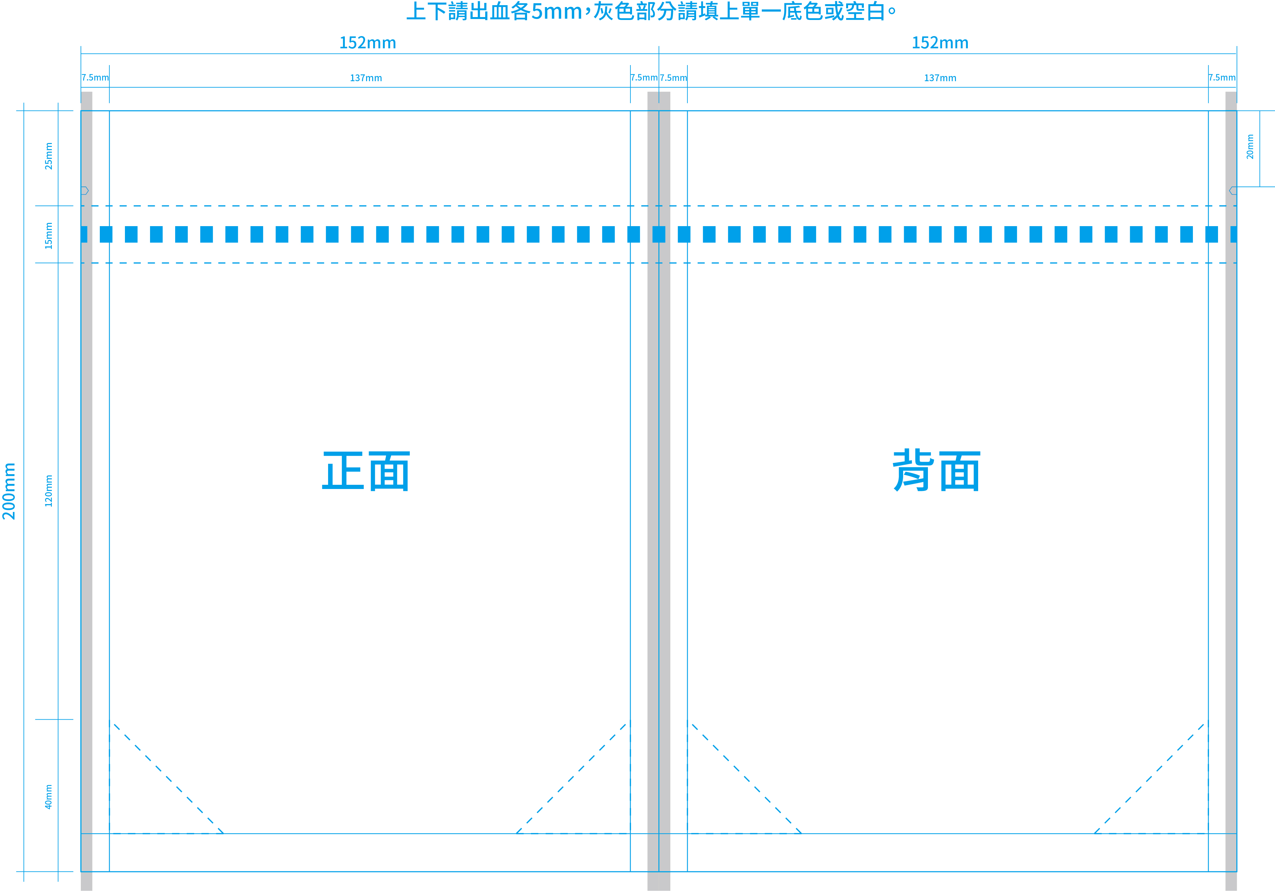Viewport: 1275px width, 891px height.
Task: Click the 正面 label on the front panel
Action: [366, 471]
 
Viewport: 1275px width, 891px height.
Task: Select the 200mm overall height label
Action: [9, 491]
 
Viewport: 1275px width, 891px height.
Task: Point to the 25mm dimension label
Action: [49, 156]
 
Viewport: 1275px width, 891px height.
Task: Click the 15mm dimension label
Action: [49, 235]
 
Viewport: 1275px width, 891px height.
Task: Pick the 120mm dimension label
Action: [49, 491]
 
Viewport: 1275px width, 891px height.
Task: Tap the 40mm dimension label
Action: [49, 797]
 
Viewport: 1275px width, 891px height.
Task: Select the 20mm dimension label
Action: [1250, 147]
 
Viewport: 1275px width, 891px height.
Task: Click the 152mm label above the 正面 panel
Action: [368, 43]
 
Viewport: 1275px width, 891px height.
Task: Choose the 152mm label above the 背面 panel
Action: [940, 43]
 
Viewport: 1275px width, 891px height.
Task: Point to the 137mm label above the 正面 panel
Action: [366, 78]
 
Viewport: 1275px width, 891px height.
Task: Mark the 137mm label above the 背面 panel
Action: [940, 78]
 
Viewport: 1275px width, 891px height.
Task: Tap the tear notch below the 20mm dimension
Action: [1233, 190]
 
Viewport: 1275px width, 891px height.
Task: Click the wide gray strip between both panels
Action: [659, 491]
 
